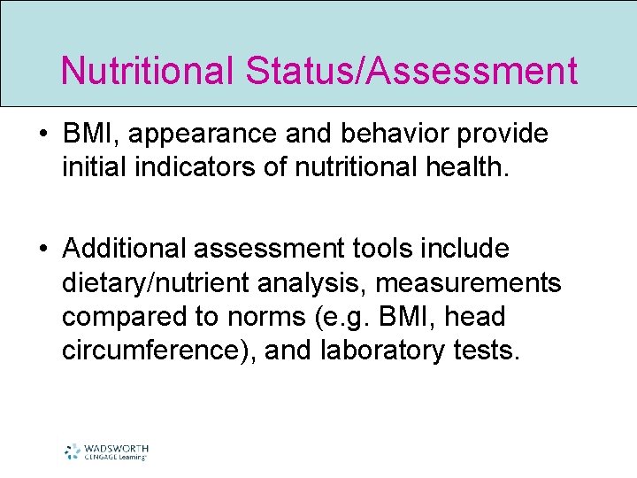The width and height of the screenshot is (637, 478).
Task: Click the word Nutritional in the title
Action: point(145,71)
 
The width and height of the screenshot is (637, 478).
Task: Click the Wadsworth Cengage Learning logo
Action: point(106,451)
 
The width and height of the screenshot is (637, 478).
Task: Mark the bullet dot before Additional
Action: point(43,250)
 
